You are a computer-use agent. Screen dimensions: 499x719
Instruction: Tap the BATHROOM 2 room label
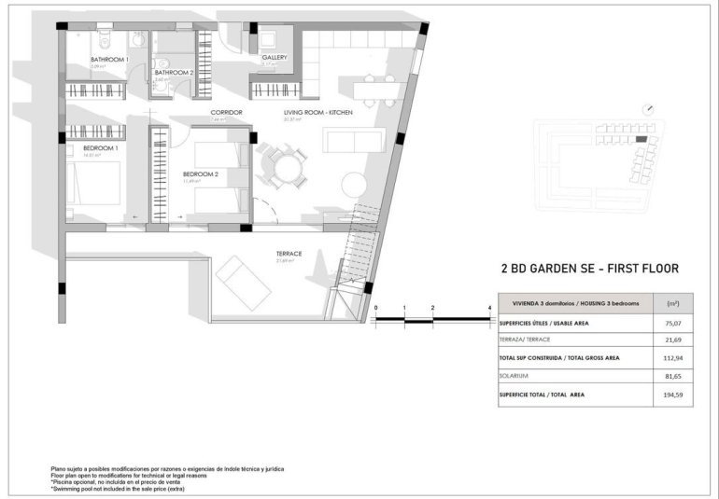coord(175,72)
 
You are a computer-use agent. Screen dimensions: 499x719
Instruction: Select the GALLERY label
coord(274,57)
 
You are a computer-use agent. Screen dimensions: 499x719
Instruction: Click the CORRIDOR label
coord(226,112)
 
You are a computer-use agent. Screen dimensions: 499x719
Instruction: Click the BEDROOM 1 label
coord(101,147)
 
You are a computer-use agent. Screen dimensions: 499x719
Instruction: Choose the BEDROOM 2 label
coord(200,173)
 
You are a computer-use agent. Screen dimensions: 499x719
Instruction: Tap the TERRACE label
coord(289,254)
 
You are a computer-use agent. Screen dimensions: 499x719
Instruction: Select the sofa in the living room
coord(353,140)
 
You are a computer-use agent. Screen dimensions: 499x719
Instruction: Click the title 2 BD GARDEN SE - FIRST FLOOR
coord(589,269)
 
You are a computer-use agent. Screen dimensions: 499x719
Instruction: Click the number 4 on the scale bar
coord(489,307)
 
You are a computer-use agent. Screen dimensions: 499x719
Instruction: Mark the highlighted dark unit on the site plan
coord(641,139)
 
